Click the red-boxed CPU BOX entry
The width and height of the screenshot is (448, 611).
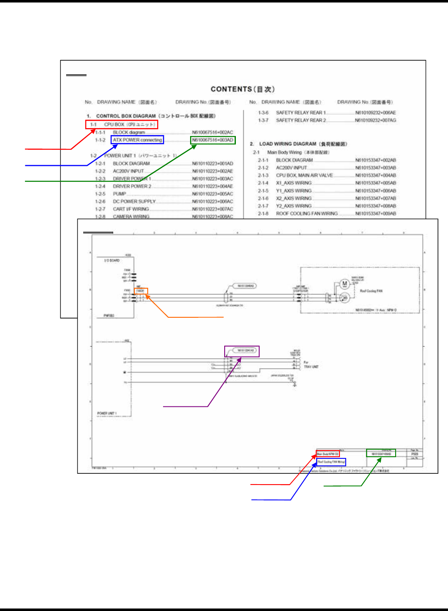coord(122,124)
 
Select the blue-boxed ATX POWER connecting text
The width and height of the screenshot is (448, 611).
coord(137,140)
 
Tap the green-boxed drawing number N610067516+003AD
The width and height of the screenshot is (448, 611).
coord(213,140)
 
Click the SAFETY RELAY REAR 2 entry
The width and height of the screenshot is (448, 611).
coord(301,120)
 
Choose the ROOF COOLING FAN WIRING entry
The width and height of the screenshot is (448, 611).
coord(307,213)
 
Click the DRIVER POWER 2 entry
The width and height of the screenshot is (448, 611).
coord(132,186)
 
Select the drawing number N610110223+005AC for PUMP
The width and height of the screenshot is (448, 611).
coord(212,194)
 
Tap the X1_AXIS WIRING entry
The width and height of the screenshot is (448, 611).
coord(294,183)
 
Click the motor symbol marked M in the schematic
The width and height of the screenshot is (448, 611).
coord(344,284)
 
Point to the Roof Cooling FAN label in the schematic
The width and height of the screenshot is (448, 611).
coord(371,291)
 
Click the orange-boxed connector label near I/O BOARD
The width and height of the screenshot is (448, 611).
coord(141,291)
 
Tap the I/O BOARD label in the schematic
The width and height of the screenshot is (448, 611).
coord(112,260)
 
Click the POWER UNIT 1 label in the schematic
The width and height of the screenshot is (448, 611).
coord(107,413)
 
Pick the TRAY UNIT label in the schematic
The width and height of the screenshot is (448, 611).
coord(311,367)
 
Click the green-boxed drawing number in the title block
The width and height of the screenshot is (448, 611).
coord(381,453)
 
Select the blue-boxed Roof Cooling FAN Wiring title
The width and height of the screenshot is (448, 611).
coord(331,462)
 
